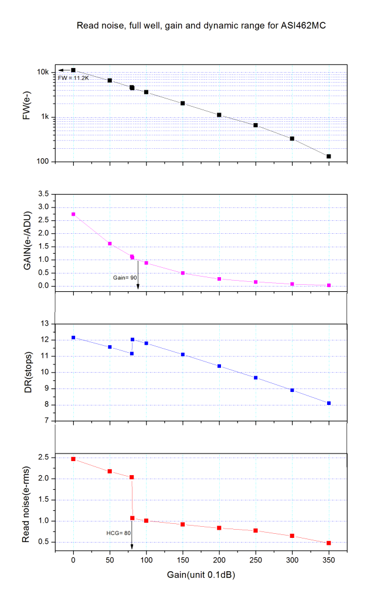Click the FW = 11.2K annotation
coord(73,77)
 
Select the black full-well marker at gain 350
coord(329,156)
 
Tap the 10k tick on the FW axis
coord(43,72)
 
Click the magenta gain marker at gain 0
coord(73,214)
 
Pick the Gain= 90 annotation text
coord(125,277)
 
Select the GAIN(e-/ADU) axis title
coord(27,240)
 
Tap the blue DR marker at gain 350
coord(329,403)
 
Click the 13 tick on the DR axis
coord(44,324)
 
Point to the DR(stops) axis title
coord(27,372)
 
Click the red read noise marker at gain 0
coord(73,459)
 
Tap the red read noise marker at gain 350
coord(329,543)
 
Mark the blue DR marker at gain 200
coord(219,366)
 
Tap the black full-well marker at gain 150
coord(183,103)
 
